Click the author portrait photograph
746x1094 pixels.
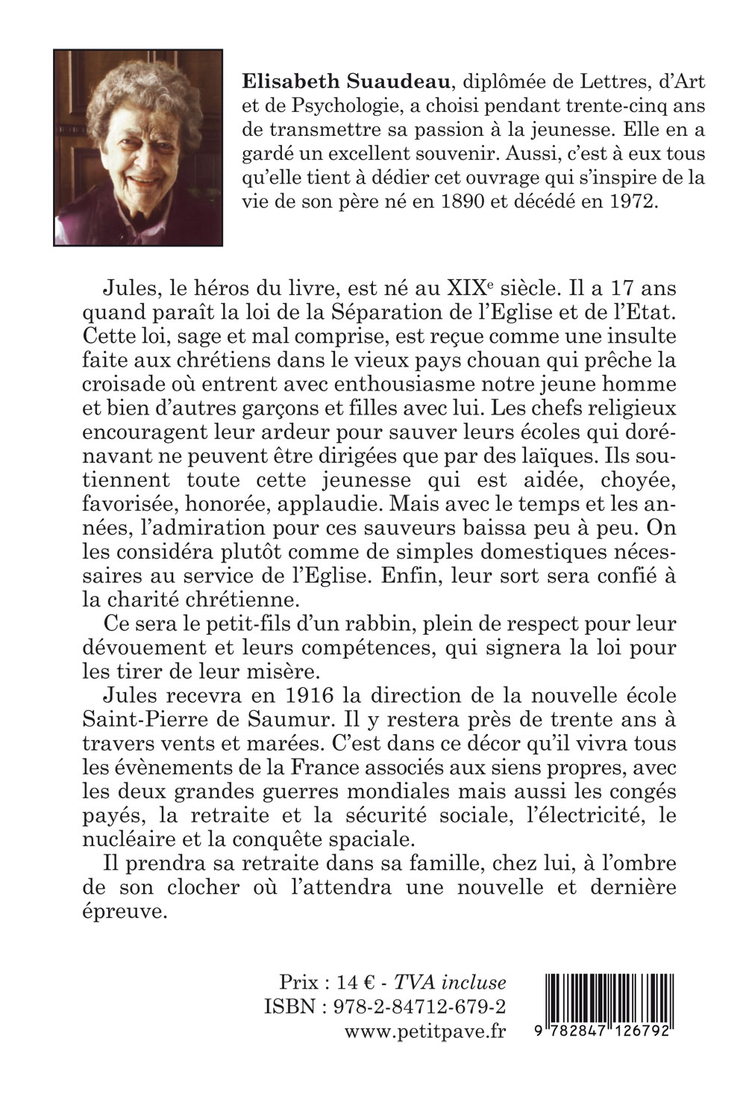pos(138,147)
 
